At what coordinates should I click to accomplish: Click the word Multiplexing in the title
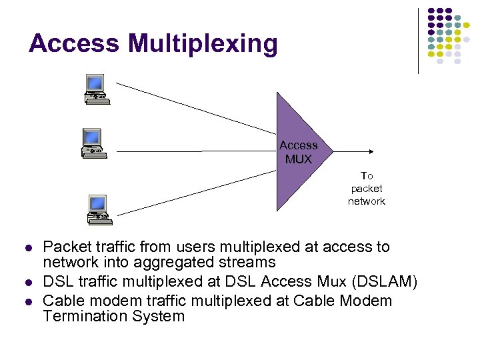[x=203, y=45]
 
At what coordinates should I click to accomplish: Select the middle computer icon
[x=91, y=141]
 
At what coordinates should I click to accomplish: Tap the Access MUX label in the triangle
[x=298, y=152]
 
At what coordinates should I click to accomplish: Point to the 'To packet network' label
[x=367, y=189]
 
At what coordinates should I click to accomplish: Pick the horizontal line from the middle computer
[x=193, y=151]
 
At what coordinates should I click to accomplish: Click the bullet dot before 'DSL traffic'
[x=27, y=283]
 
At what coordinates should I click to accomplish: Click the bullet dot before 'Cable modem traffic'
[x=27, y=302]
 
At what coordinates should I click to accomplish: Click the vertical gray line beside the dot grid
[x=418, y=40]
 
